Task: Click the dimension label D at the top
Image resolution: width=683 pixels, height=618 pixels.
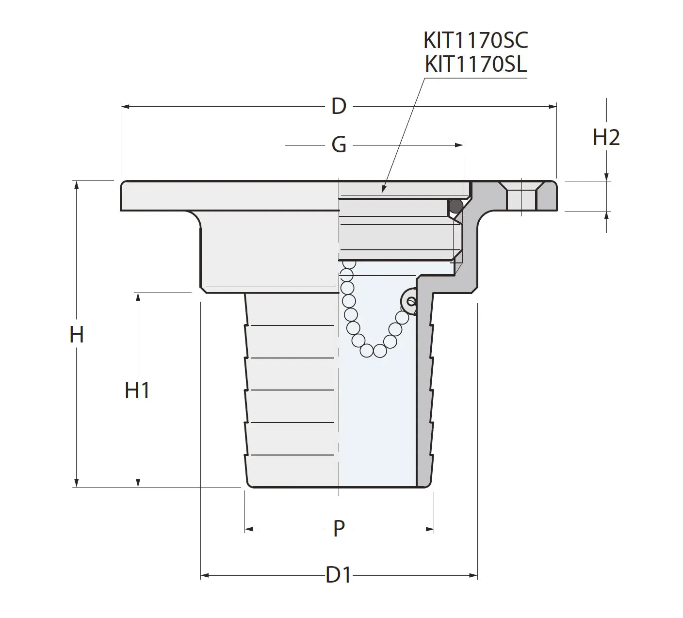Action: point(339,106)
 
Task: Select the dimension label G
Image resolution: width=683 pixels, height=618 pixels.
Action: point(339,145)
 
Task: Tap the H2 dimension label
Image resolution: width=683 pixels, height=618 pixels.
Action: point(606,138)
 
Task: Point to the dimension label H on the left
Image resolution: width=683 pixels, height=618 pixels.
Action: point(77,335)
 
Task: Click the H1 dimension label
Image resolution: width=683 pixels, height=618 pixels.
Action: point(137,390)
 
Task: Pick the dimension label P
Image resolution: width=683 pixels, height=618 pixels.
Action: point(339,528)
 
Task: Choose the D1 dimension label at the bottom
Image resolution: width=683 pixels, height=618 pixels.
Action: point(338,575)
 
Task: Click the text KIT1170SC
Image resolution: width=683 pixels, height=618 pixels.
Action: point(475,41)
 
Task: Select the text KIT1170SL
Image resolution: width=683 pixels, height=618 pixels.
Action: point(475,65)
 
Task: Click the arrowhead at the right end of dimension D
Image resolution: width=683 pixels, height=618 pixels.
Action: point(553,106)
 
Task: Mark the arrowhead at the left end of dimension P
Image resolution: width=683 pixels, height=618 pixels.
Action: point(248,529)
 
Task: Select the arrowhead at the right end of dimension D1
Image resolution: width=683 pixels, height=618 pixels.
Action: point(474,576)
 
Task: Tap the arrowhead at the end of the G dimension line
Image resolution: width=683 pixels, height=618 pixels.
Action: point(459,145)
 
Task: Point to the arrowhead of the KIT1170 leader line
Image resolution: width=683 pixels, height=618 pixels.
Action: point(384,190)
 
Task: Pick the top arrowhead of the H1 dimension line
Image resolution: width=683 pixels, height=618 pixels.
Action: point(138,296)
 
